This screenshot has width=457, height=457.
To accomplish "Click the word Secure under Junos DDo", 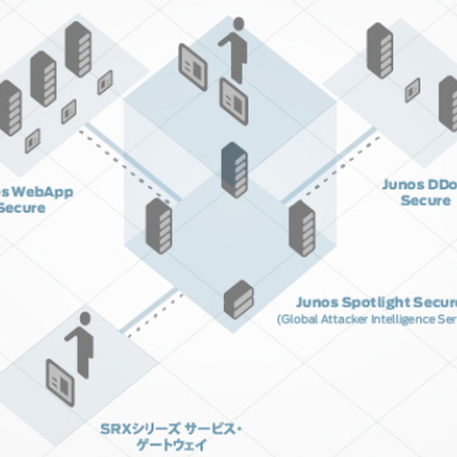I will click(425, 201).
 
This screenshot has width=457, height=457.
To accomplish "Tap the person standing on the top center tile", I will click(234, 48).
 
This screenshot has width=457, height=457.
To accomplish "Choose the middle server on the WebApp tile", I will click(43, 78).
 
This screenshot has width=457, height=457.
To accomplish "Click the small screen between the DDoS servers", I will click(412, 89).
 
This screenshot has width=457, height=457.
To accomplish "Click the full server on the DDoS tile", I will click(379, 50).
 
